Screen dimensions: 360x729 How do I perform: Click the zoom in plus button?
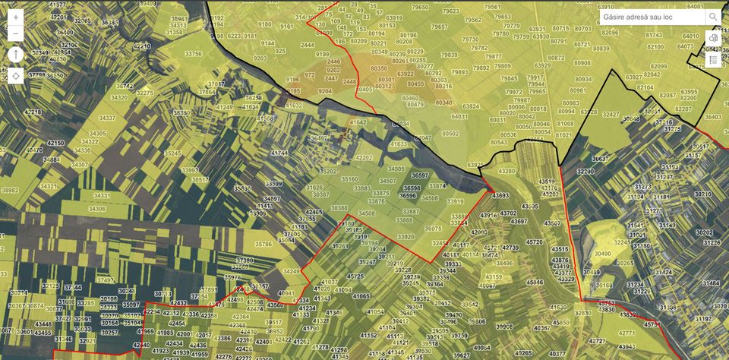click(x=16, y=16)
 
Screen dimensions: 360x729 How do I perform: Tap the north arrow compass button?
click(x=16, y=55)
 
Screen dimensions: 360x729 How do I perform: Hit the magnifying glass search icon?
click(x=713, y=16)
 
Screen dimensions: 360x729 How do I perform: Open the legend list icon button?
click(x=713, y=59)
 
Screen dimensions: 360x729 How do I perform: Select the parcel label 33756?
click(x=194, y=54)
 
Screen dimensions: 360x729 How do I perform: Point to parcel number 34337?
click(x=108, y=118)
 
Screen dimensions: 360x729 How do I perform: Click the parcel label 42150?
click(x=55, y=143)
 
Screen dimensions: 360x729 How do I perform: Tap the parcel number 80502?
click(x=450, y=133)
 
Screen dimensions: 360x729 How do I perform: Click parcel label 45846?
click(x=535, y=282)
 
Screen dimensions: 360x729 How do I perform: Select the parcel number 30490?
click(x=602, y=254)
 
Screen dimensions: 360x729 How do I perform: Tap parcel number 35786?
click(x=264, y=244)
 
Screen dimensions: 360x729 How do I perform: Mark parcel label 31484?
click(x=712, y=283)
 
